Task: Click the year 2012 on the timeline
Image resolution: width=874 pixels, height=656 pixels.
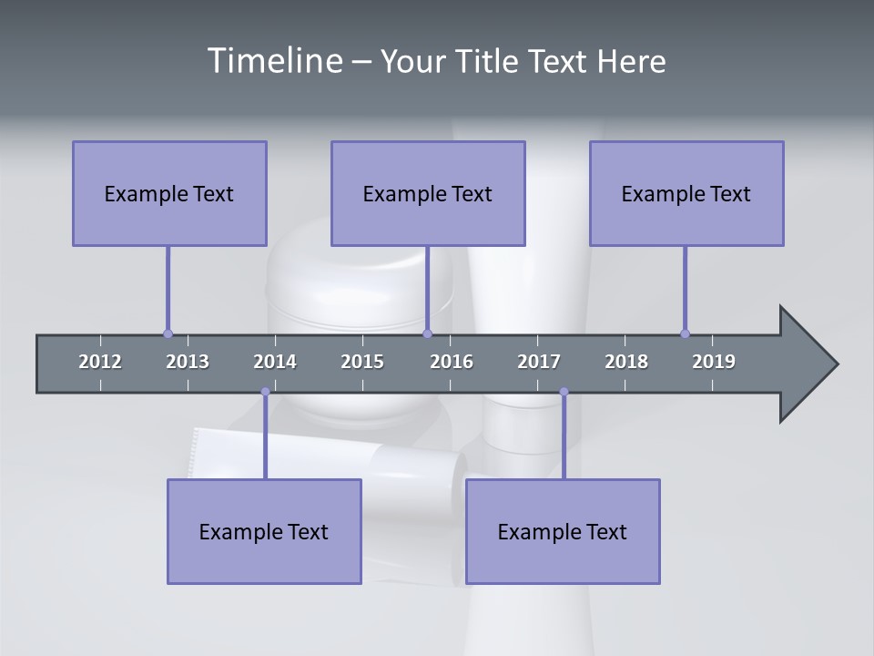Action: [100, 362]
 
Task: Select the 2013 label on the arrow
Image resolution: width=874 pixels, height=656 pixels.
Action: [188, 362]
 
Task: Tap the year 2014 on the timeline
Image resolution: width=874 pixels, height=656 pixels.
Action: [275, 362]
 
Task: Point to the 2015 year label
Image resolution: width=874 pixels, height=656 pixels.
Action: [362, 362]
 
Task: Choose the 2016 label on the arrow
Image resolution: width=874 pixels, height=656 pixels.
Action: [452, 362]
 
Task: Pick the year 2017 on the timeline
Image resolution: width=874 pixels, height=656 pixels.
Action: [539, 362]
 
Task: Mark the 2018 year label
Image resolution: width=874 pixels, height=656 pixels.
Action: [626, 362]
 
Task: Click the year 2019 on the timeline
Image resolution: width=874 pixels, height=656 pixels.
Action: [714, 362]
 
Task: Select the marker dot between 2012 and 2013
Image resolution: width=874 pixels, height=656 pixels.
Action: [168, 333]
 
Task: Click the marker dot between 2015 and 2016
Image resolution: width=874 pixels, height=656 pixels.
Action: [427, 333]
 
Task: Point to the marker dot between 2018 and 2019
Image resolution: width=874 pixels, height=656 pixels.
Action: [685, 333]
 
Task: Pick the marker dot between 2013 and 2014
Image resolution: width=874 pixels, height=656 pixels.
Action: [265, 392]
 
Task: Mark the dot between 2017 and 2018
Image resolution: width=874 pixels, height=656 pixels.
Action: [564, 392]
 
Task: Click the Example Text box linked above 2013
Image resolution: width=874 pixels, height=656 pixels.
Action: [169, 193]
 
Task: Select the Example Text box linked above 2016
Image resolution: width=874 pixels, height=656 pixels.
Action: [428, 193]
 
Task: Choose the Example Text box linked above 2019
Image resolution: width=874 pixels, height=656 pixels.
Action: [686, 193]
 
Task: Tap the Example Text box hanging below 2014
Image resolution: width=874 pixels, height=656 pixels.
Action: [264, 531]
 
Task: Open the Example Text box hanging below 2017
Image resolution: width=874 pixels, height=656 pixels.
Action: [563, 531]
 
